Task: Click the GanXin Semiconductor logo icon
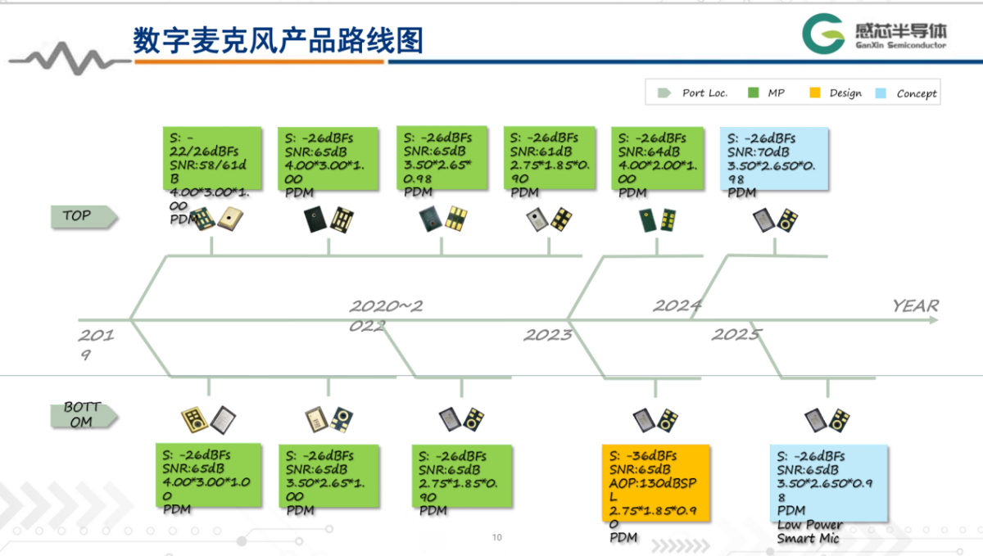point(824,35)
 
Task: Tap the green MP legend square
point(753,93)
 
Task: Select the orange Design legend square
point(814,93)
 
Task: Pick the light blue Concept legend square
point(881,93)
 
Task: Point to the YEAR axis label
point(915,305)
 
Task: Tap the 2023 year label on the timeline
point(548,335)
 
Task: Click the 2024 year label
point(677,306)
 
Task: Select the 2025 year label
point(736,334)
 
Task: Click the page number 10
point(496,538)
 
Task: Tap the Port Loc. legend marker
point(664,93)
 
